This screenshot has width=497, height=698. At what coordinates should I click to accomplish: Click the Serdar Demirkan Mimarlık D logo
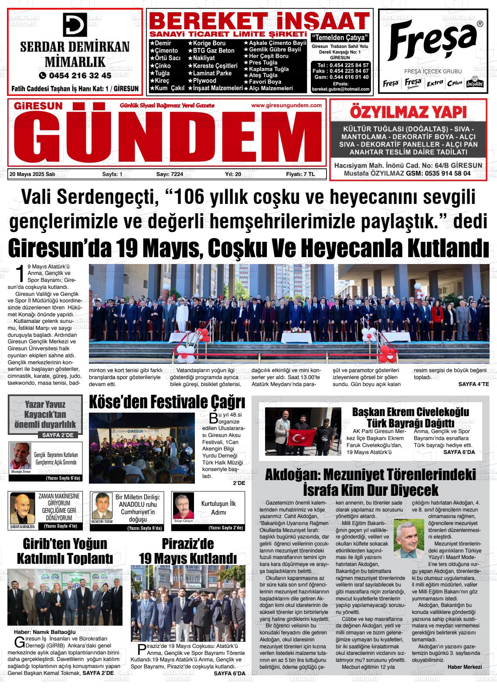click(x=75, y=24)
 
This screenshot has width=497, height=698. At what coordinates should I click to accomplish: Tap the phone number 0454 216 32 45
click(x=75, y=75)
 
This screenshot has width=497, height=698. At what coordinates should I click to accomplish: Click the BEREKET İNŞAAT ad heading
click(x=259, y=20)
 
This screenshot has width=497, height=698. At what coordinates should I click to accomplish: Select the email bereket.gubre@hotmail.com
click(x=340, y=89)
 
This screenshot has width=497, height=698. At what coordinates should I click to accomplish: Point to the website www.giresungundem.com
click(x=286, y=105)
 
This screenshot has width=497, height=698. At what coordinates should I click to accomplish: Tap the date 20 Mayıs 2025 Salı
click(x=32, y=174)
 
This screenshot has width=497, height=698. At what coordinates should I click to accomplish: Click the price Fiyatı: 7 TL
click(x=300, y=174)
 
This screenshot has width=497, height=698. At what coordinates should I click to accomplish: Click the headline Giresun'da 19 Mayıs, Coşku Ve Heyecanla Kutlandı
click(x=248, y=248)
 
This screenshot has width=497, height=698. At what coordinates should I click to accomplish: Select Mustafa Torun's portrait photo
click(x=20, y=457)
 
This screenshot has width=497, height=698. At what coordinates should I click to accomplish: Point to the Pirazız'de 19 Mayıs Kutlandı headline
click(x=187, y=551)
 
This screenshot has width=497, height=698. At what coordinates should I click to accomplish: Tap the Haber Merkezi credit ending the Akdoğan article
click(x=464, y=667)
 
